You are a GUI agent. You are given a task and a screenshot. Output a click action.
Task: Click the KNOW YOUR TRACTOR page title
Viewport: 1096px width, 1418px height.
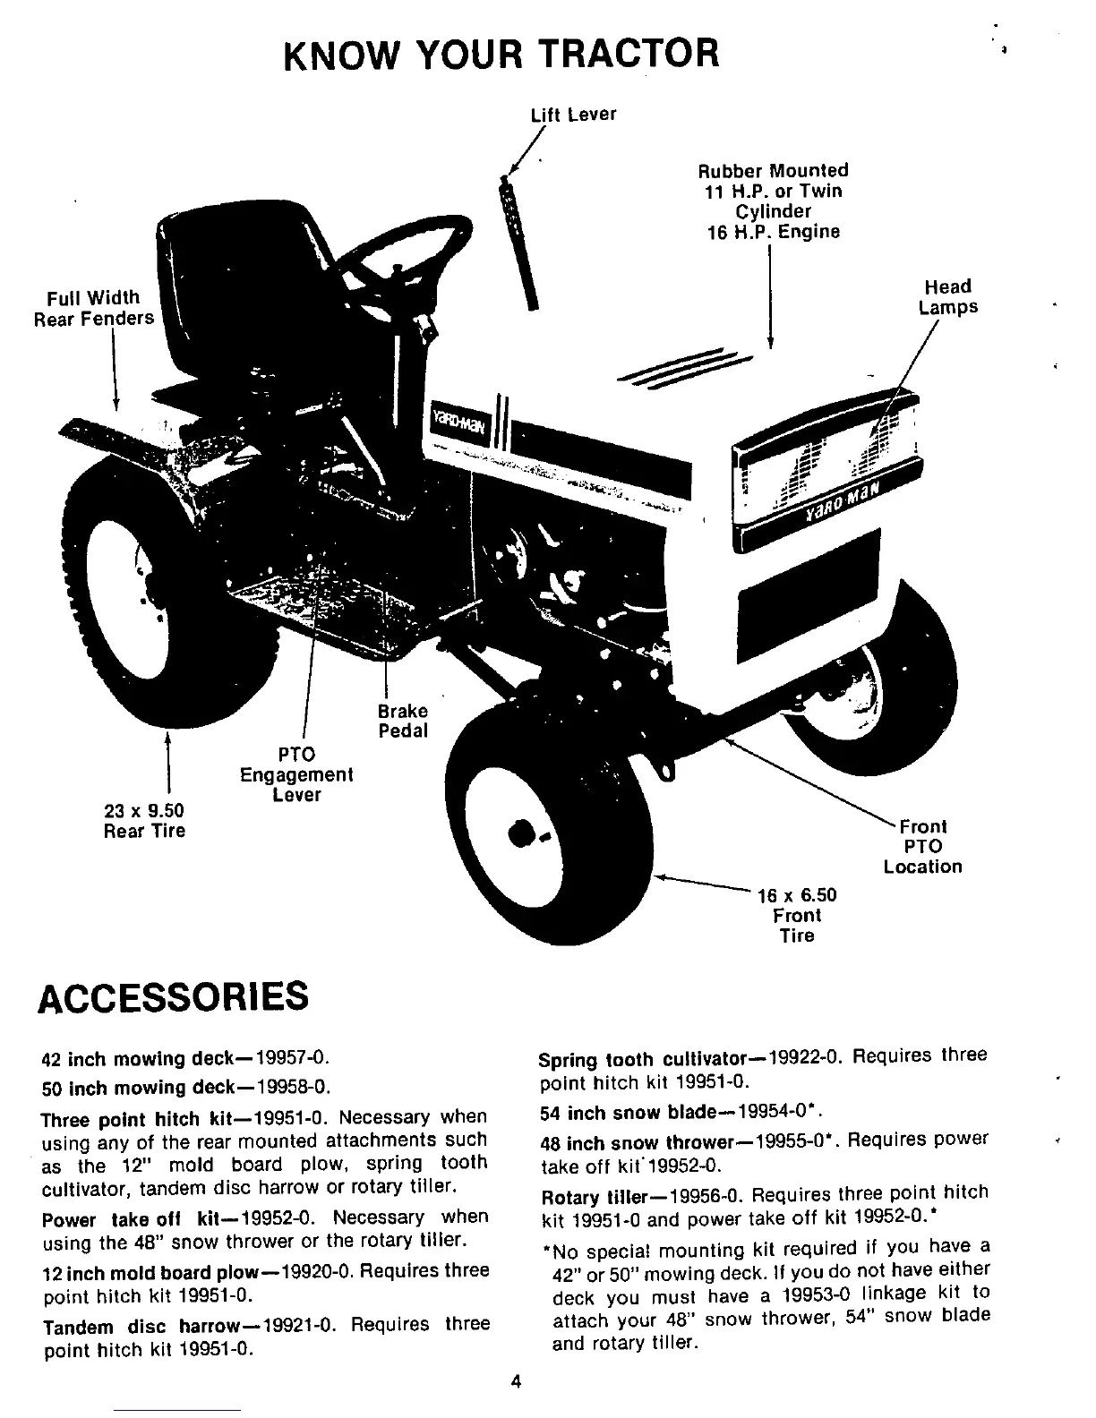pyautogui.click(x=501, y=53)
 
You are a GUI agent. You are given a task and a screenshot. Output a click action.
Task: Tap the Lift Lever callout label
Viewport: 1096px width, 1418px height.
pyautogui.click(x=573, y=115)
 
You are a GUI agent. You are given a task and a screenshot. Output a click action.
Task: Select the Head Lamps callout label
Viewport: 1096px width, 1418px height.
pyautogui.click(x=948, y=296)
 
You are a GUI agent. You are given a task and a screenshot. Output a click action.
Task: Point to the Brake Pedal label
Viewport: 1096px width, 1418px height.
pyautogui.click(x=402, y=721)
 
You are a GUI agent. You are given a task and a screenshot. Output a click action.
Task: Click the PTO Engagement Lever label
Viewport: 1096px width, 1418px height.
pyautogui.click(x=296, y=774)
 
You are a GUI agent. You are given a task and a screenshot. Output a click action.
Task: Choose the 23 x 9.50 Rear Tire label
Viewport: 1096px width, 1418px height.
pyautogui.click(x=144, y=820)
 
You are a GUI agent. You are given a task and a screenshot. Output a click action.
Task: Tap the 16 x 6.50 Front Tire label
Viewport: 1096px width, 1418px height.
pyautogui.click(x=797, y=915)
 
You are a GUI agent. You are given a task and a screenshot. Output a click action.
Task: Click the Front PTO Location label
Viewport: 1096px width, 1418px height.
pyautogui.click(x=922, y=846)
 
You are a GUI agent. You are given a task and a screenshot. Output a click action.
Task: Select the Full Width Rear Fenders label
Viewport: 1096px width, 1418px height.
pyautogui.click(x=94, y=308)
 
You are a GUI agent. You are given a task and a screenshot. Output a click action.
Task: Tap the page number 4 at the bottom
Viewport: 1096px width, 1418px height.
pyautogui.click(x=516, y=1380)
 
